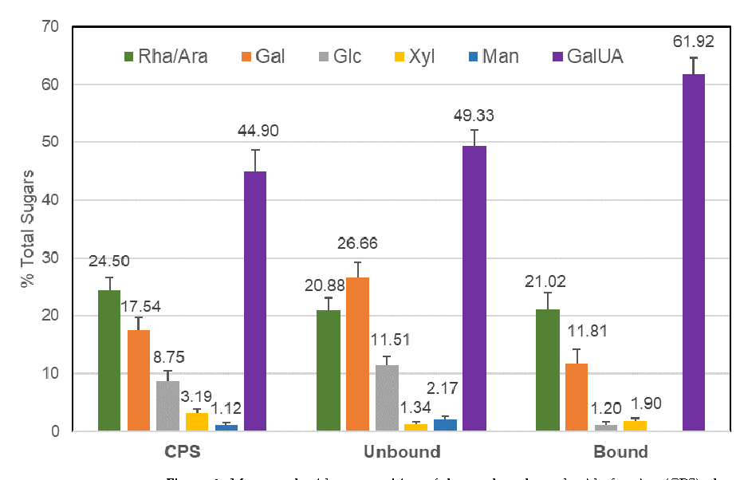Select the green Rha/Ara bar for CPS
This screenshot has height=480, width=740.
pyautogui.click(x=109, y=360)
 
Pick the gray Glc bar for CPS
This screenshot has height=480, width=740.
pyautogui.click(x=167, y=406)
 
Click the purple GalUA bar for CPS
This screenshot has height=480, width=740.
pyautogui.click(x=255, y=301)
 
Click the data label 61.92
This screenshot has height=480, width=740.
pyautogui.click(x=693, y=41)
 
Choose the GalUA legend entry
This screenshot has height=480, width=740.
pyautogui.click(x=586, y=57)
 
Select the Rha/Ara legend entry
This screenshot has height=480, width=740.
pyautogui.click(x=163, y=57)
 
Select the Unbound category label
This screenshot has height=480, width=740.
pyautogui.click(x=402, y=452)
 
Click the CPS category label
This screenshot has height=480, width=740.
pyautogui.click(x=182, y=452)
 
